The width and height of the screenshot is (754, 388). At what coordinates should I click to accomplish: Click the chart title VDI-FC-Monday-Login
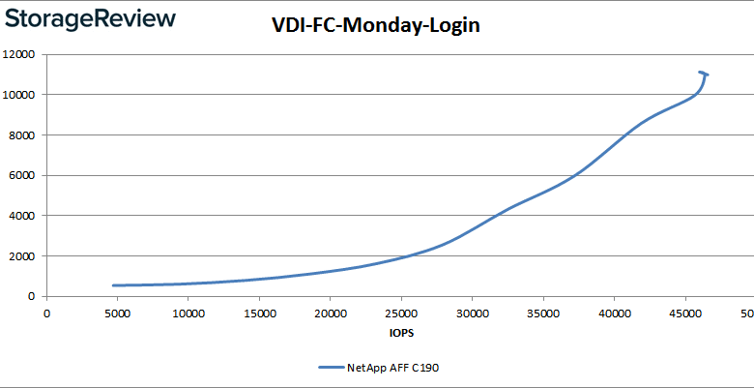tap(375, 26)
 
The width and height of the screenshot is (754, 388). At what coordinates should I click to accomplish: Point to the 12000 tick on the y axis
tap(21, 54)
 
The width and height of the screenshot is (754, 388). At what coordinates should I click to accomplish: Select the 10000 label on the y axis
tap(21, 95)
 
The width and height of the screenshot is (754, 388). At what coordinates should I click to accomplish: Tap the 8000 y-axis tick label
tap(24, 135)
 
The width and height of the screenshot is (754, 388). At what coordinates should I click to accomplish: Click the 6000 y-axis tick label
tap(24, 176)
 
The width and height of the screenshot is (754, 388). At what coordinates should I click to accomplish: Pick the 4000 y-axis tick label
tap(24, 216)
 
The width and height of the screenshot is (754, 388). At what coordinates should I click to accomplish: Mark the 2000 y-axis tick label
tap(24, 256)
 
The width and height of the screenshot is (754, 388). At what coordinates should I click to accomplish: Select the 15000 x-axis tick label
tap(259, 313)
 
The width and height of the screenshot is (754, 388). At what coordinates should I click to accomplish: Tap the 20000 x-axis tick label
tap(331, 313)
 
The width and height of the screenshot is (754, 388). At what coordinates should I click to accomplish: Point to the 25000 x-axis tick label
tap(401, 313)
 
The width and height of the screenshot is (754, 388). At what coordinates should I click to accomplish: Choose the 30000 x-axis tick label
tap(473, 313)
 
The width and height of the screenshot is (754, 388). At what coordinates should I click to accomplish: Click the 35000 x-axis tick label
tap(543, 313)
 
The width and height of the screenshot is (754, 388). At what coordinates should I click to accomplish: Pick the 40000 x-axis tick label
tap(615, 313)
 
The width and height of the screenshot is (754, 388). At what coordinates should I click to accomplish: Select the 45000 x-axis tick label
tap(685, 313)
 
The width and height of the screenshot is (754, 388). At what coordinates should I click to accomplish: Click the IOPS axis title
tap(401, 333)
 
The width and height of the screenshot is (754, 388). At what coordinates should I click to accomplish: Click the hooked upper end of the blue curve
tap(702, 73)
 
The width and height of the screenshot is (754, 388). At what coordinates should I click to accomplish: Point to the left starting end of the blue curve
tap(114, 285)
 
